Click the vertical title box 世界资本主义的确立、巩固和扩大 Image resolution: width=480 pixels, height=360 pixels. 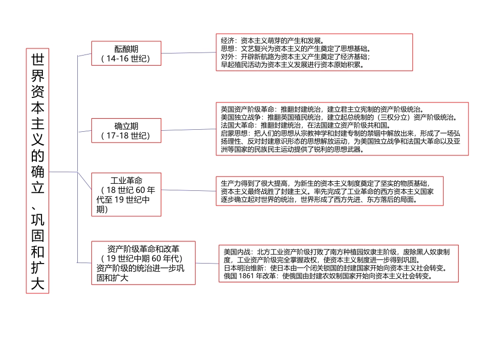click(x=37, y=171)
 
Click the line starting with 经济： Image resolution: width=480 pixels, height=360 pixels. click(x=273, y=40)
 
